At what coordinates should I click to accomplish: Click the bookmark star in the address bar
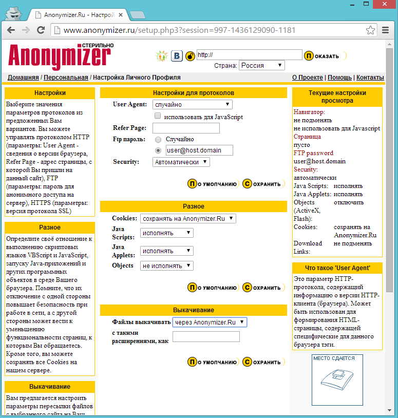pos(370,30)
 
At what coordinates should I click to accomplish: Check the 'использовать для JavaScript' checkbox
pos(158,117)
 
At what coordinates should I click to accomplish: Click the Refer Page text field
pos(186,128)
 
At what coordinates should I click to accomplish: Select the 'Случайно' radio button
pos(158,139)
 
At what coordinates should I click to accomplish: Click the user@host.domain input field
pos(199,150)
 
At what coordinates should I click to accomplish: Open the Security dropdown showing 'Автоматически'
pos(181,162)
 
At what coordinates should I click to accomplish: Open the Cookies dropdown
pos(188,219)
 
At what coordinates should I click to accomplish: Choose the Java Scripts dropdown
pos(167,233)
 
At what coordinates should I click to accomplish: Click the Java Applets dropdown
pos(167,251)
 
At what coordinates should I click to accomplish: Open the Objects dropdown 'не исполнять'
pos(167,266)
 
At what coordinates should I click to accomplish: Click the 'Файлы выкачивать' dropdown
pos(210,322)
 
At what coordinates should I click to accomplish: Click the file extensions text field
pos(206,337)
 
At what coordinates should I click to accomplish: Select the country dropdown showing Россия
pos(262,66)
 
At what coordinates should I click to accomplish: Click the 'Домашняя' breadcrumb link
pos(23,78)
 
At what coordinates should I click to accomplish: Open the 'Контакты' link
pos(370,78)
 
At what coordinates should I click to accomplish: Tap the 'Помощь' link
pos(339,78)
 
